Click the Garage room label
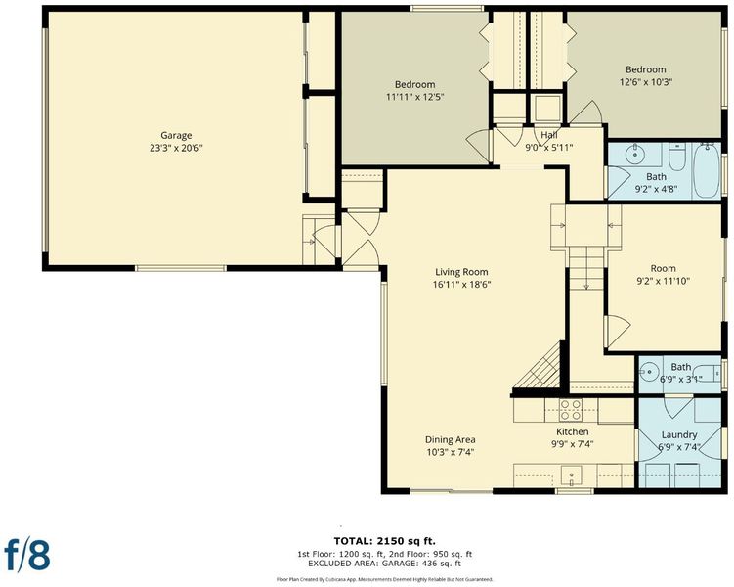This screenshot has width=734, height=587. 176,135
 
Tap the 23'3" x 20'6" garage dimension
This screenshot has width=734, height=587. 176,148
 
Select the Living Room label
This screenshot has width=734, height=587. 461,272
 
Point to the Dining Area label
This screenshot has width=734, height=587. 450,439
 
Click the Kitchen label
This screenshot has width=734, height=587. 573,431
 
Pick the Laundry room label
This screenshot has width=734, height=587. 679,434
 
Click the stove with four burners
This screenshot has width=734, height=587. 571,410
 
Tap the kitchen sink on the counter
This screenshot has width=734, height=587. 571,476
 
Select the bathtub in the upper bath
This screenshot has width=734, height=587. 707,171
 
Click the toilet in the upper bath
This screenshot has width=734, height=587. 677,158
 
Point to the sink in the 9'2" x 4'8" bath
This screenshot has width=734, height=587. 634,154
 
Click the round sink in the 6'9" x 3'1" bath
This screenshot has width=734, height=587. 649,372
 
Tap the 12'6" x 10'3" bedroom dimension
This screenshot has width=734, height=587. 645,82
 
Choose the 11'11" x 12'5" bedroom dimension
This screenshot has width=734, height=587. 414,97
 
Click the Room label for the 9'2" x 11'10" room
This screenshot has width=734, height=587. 663,268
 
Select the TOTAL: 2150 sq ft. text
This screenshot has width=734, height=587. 385,541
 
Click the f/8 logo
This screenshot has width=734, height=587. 27,554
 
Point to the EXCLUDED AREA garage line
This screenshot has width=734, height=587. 384,564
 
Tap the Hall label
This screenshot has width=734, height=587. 549,135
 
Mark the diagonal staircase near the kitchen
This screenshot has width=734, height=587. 539,366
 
